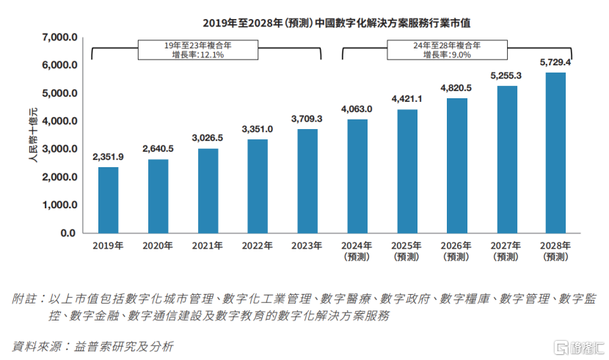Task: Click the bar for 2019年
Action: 109,199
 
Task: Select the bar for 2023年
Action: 307,180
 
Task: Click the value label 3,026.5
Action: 208,138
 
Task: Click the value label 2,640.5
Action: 158,149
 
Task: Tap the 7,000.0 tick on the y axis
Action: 59,37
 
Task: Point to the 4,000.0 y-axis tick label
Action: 59,121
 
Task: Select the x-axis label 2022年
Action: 257,246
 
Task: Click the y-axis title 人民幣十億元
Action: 32,136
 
